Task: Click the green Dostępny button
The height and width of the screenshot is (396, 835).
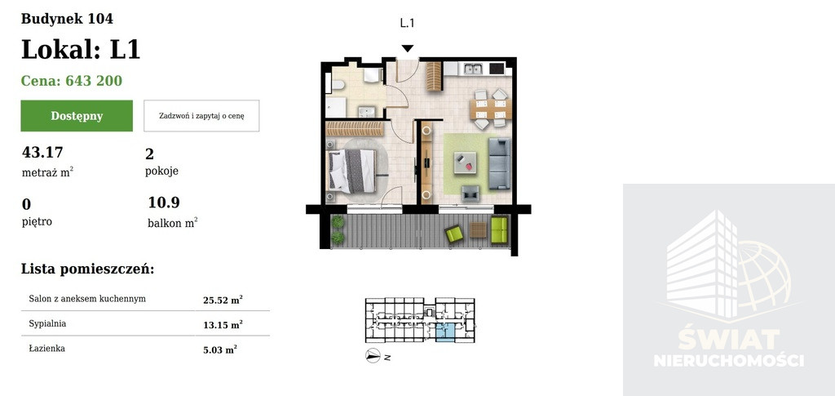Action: pyautogui.click(x=77, y=116)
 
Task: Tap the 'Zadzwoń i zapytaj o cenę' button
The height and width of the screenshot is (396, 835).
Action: pyautogui.click(x=201, y=116)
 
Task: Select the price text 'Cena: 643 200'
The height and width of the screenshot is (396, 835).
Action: pyautogui.click(x=72, y=81)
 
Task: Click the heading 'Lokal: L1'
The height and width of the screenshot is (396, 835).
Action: pyautogui.click(x=81, y=50)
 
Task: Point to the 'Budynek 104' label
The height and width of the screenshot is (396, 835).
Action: pyautogui.click(x=67, y=19)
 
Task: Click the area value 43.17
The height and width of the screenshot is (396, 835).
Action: pyautogui.click(x=42, y=153)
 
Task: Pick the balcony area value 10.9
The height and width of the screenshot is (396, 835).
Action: pyautogui.click(x=164, y=202)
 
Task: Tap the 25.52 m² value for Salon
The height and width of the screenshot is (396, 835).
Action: pyautogui.click(x=223, y=300)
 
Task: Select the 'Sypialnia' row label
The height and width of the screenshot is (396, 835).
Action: pyautogui.click(x=47, y=323)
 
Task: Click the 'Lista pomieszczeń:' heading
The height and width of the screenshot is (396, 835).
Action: pyautogui.click(x=87, y=269)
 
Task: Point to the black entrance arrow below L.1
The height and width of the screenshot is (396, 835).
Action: pyautogui.click(x=408, y=48)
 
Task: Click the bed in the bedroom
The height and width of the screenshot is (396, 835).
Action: pyautogui.click(x=352, y=171)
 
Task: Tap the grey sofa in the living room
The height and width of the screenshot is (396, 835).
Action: pyautogui.click(x=500, y=163)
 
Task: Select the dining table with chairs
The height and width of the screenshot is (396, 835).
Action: pyautogui.click(x=490, y=109)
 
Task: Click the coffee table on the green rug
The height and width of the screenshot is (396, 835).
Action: pyautogui.click(x=465, y=162)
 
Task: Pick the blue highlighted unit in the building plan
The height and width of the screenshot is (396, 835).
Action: pyautogui.click(x=445, y=332)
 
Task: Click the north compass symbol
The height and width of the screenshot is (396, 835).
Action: pyautogui.click(x=373, y=355)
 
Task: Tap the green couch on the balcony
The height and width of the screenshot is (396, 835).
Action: pyautogui.click(x=499, y=229)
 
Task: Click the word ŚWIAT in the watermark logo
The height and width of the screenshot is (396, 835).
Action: pyautogui.click(x=728, y=340)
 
